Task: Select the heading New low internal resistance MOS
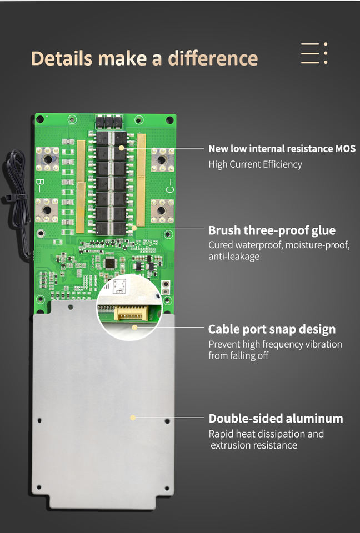click(282, 149)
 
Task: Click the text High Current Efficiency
click(255, 164)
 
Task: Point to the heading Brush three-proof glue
click(272, 230)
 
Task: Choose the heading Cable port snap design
click(272, 329)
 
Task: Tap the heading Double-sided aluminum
click(276, 419)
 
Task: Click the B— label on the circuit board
click(40, 185)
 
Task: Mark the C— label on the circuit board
click(170, 189)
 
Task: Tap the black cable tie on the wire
click(9, 198)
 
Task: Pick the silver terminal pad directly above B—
click(48, 159)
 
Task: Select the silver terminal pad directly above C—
click(162, 159)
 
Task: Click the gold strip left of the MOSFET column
click(81, 186)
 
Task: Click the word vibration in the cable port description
click(324, 344)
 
